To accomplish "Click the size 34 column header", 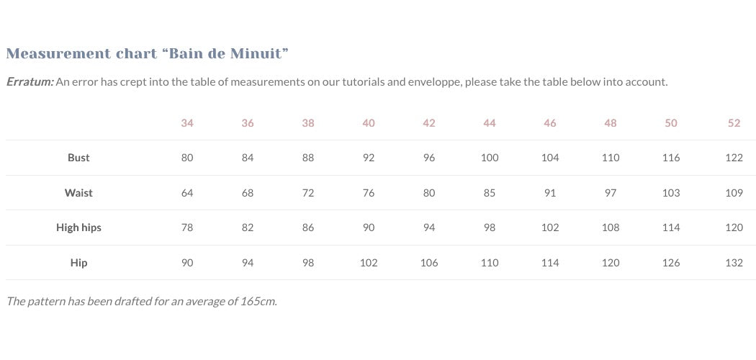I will (x=187, y=123).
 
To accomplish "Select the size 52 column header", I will (x=734, y=123).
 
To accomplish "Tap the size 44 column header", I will (x=490, y=123).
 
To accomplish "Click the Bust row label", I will (x=78, y=158).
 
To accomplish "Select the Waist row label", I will (x=78, y=193).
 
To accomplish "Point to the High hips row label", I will (x=78, y=228).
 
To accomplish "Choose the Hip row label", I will (x=78, y=263).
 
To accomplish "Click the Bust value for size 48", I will (x=611, y=158).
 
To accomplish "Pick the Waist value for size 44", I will (x=490, y=193).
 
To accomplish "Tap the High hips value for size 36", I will (x=248, y=228).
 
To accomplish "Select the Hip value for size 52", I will (x=734, y=263).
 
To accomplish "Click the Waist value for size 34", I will (x=187, y=193).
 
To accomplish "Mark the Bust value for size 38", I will (x=308, y=158).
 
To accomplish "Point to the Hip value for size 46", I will (x=550, y=263).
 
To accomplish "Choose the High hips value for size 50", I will (x=671, y=228).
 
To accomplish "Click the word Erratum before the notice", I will (x=30, y=82).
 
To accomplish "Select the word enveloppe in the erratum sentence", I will (x=434, y=82).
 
